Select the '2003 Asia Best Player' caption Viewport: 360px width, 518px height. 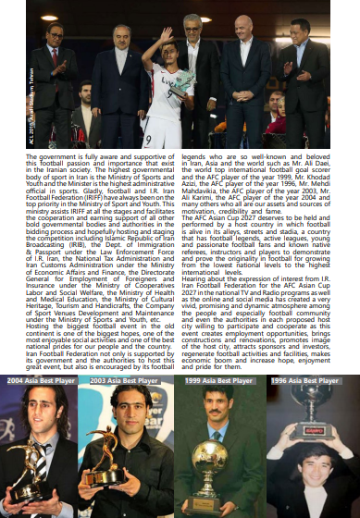pyautogui.click(x=126, y=381)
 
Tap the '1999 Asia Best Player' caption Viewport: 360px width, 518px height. pyautogui.click(x=217, y=381)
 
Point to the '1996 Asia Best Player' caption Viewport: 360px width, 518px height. pyautogui.click(x=306, y=381)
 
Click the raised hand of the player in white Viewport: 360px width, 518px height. pyautogui.click(x=169, y=31)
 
